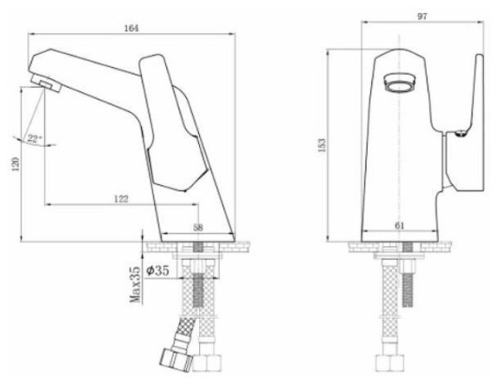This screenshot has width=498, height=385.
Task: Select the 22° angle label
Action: pyautogui.click(x=33, y=138)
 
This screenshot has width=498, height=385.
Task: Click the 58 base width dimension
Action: pyautogui.click(x=198, y=227)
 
